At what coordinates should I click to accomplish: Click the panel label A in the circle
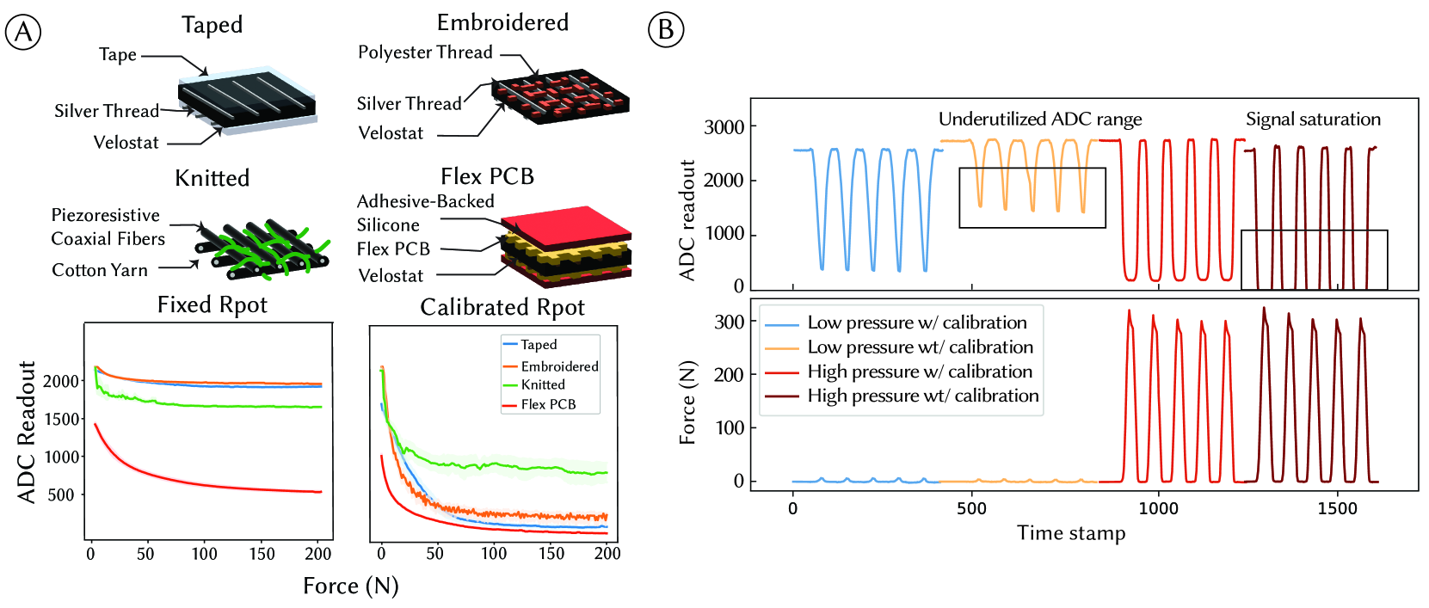click(23, 32)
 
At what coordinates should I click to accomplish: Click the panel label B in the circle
click(665, 30)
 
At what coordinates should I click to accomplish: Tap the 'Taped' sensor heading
click(212, 25)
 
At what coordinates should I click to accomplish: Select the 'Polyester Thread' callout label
click(425, 52)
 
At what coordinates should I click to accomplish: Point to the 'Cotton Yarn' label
click(100, 270)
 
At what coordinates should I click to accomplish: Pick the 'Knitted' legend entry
click(543, 385)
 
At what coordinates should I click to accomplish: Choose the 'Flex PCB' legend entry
click(548, 404)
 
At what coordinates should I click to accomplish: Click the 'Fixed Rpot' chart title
click(212, 305)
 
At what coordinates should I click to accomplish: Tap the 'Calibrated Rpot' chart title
click(502, 308)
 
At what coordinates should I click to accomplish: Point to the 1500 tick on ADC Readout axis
click(62, 419)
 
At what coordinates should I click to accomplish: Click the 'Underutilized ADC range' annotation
click(1040, 120)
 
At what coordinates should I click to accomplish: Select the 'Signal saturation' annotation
click(1313, 120)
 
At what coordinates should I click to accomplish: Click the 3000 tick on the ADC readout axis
click(724, 127)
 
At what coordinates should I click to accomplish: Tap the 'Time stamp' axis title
click(1071, 533)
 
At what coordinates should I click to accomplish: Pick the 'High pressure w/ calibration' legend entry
click(920, 372)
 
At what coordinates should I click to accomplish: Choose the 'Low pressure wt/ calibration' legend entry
click(920, 347)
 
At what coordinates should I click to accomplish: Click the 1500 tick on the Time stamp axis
click(1337, 508)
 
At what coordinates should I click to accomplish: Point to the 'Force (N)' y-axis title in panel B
click(687, 402)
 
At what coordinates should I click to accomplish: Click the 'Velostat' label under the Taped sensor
click(126, 143)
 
